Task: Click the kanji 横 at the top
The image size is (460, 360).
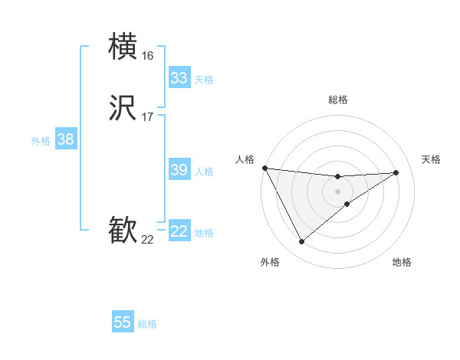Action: click(123, 47)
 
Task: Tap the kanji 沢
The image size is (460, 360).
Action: click(123, 108)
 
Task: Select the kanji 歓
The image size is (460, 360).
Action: click(123, 231)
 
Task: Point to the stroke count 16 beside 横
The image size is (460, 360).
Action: click(147, 56)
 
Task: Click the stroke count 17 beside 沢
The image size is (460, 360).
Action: click(147, 117)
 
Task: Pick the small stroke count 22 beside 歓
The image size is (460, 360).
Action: click(147, 240)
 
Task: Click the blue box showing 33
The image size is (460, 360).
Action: click(179, 78)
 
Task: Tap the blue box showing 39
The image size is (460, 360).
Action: click(179, 170)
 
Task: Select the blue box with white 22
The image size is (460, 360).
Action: click(179, 231)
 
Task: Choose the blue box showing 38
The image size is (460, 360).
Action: click(66, 139)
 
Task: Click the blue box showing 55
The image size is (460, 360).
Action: click(123, 322)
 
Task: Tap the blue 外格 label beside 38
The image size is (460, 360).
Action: click(41, 141)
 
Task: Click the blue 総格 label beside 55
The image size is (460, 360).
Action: click(147, 324)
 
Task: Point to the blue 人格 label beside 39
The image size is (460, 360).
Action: click(205, 172)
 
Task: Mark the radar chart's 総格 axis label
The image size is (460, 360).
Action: click(338, 100)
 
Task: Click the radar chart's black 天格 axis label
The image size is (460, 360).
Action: click(431, 159)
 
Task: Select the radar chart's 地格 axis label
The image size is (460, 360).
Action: click(402, 262)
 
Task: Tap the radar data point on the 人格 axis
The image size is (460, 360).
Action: click(264, 168)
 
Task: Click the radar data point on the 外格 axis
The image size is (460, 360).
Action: click(301, 242)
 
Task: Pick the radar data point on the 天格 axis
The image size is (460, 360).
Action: click(396, 172)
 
